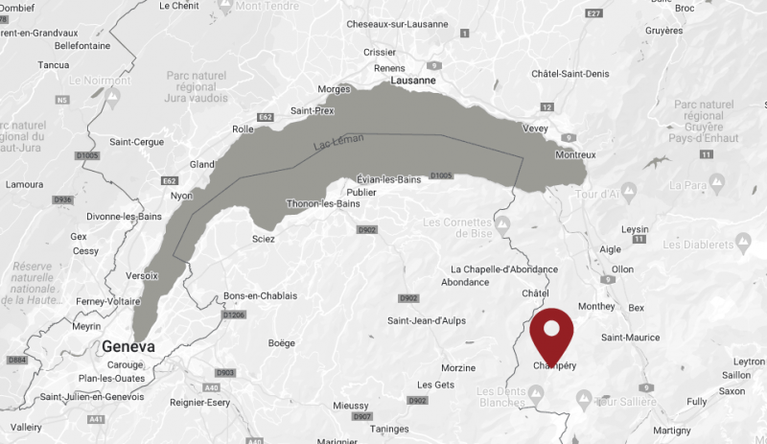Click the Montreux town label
574,155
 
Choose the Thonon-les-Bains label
321,202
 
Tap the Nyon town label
181,195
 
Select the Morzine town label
457,368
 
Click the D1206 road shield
234,315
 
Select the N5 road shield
63,99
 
